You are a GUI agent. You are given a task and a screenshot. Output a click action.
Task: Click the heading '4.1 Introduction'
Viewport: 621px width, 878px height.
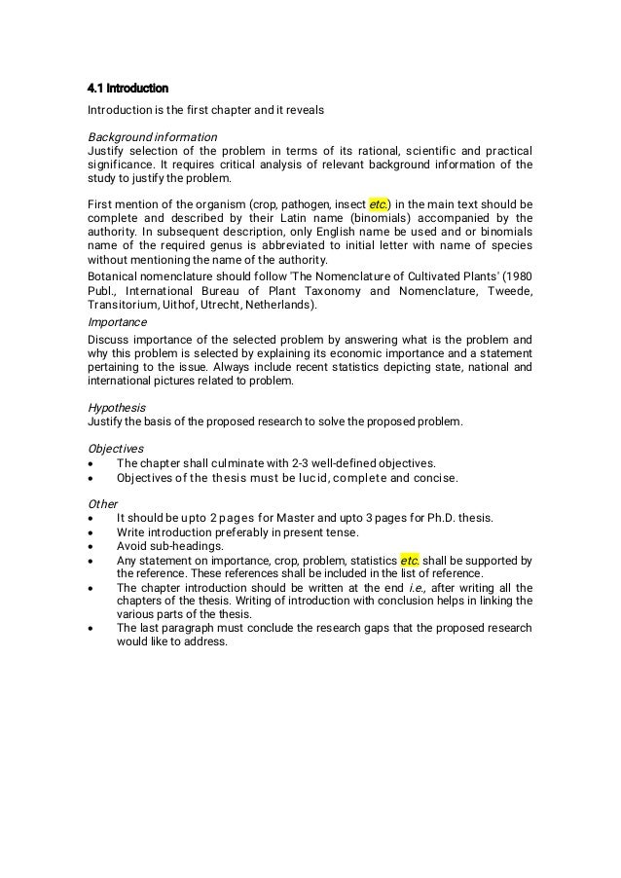(128, 90)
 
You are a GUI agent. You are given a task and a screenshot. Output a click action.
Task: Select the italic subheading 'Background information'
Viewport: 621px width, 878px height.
(152, 136)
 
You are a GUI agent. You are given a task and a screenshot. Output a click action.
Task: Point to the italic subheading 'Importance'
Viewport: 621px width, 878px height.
(117, 321)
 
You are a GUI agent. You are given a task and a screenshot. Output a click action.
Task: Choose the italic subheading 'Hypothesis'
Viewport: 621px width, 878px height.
(117, 407)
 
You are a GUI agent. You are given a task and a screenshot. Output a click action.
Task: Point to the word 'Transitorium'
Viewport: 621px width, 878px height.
(120, 304)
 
